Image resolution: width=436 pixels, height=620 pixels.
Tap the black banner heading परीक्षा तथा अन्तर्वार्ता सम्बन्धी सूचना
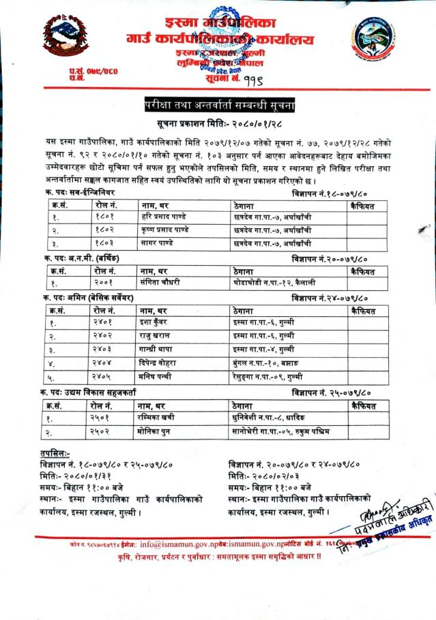(217, 105)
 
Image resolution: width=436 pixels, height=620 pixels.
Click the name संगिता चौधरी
(164, 281)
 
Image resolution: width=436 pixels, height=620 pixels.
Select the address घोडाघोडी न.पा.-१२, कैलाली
(267, 281)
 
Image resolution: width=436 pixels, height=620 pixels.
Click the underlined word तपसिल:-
(55, 454)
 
